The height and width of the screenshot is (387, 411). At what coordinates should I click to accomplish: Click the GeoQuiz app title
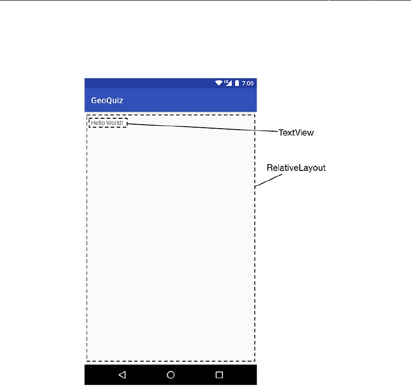107,100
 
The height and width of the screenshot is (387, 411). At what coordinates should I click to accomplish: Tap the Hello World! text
107,123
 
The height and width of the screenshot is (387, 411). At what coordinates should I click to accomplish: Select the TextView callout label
296,133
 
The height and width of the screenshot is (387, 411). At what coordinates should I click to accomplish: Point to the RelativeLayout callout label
296,168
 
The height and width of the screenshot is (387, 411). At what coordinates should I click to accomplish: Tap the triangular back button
122,375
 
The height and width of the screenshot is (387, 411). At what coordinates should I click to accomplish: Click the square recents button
219,375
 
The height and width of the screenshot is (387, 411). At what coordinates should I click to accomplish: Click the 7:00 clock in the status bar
248,83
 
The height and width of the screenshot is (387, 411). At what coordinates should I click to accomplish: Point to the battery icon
237,83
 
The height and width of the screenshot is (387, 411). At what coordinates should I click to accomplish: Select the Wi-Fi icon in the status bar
219,83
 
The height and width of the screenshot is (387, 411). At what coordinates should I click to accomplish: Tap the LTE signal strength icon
228,83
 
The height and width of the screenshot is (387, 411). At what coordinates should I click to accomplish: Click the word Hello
97,123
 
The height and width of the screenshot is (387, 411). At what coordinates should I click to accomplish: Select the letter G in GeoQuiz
94,100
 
